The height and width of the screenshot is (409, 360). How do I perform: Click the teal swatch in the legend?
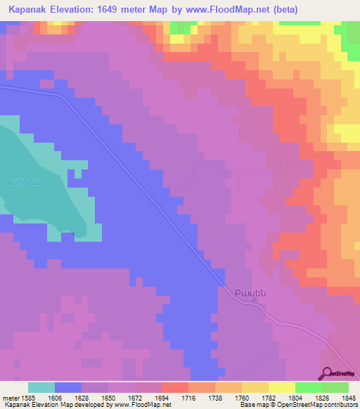click(41, 387)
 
